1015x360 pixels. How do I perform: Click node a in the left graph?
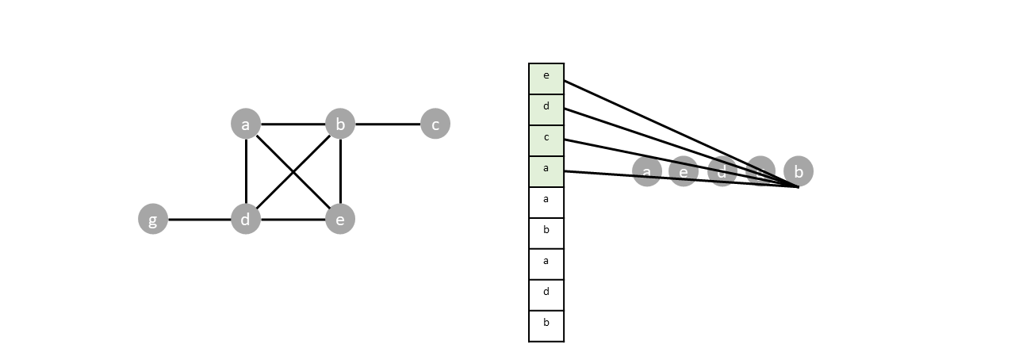[x=246, y=124]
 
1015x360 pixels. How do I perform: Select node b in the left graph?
[x=340, y=124]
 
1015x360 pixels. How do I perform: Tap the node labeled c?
[x=435, y=124]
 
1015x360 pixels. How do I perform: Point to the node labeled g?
[x=153, y=219]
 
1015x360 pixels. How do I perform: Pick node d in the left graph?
[x=246, y=219]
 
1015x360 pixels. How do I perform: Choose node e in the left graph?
[x=340, y=219]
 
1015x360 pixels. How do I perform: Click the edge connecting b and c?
[x=388, y=124]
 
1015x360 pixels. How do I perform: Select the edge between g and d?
[x=199, y=219]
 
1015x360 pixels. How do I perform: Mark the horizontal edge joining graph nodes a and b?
[x=293, y=124]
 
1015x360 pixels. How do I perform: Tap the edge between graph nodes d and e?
[x=293, y=219]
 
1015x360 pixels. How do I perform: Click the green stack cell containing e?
[x=546, y=79]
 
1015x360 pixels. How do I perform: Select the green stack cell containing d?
[x=546, y=109]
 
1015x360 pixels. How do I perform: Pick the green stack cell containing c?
[x=546, y=140]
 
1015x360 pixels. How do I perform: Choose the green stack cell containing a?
[x=546, y=171]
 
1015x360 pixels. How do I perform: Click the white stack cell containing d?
[x=546, y=295]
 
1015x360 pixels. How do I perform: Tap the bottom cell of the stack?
[x=546, y=326]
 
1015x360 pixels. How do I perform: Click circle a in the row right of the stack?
[x=647, y=171]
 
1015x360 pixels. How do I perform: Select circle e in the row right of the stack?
[x=684, y=171]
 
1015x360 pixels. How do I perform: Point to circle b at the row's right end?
[x=799, y=171]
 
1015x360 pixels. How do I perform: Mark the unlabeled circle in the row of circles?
[x=760, y=169]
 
